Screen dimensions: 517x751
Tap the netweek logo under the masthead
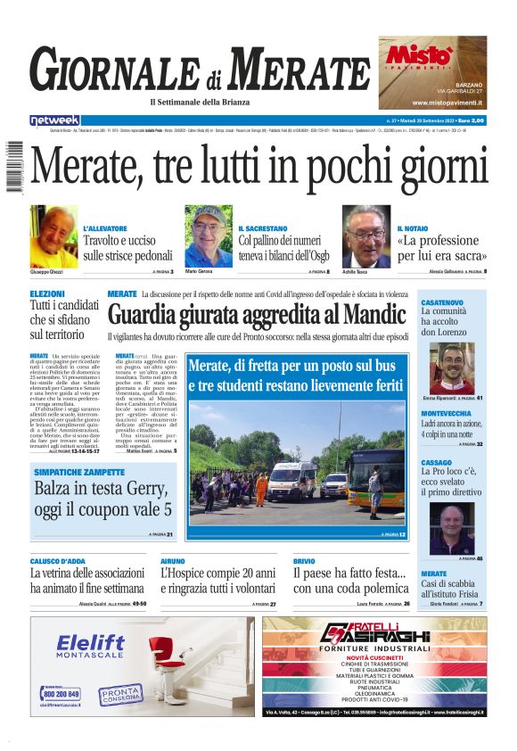point(54,120)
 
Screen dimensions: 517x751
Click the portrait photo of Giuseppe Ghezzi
point(53,235)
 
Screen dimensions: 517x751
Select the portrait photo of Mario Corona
point(209,235)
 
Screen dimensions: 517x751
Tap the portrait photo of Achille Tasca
point(365,235)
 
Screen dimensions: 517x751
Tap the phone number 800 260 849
point(62,693)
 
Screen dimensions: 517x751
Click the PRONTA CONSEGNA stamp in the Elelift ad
point(120,694)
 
